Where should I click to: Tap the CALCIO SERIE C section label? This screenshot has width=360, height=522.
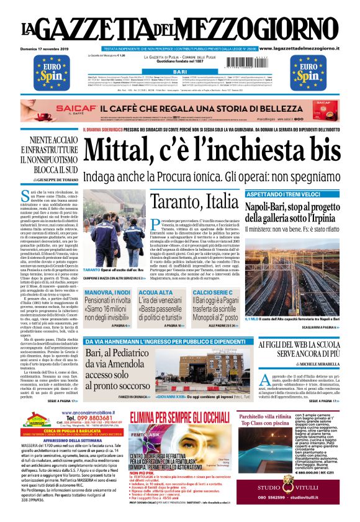click(x=215, y=291)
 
